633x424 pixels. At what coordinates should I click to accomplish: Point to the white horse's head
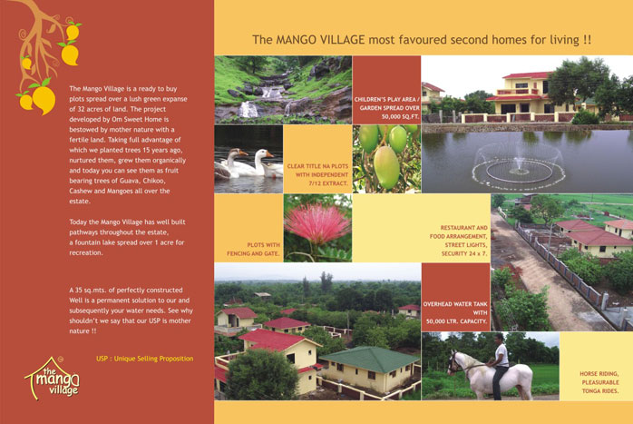[454, 362]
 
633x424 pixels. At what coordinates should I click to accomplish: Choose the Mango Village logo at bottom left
[53, 378]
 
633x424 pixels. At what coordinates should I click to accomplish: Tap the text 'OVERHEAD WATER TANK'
[455, 304]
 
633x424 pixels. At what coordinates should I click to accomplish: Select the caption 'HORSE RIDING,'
[599, 374]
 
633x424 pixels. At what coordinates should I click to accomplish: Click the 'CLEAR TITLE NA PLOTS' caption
[317, 166]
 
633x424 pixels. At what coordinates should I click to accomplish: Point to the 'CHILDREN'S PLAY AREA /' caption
[387, 100]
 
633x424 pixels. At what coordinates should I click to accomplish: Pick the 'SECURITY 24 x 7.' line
[464, 254]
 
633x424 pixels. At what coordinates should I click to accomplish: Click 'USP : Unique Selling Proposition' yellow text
[144, 359]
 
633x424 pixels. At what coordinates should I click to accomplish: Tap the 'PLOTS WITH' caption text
[263, 245]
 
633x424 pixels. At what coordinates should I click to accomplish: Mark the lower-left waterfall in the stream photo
[248, 109]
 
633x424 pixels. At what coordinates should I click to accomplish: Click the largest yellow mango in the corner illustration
[44, 100]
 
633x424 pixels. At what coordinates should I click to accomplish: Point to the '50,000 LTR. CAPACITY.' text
[456, 321]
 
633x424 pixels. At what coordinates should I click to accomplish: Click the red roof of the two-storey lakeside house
[526, 75]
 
